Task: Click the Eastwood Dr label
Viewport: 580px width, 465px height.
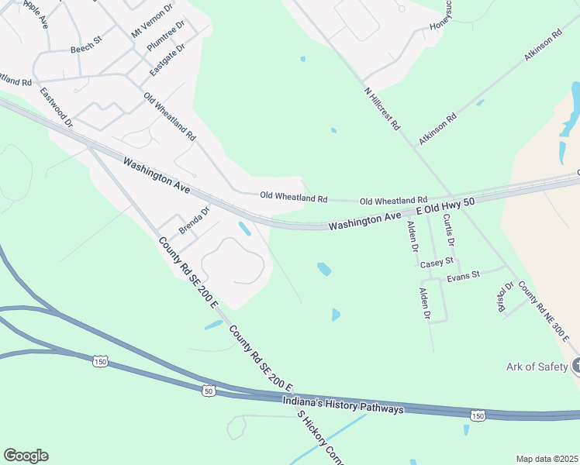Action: point(57,107)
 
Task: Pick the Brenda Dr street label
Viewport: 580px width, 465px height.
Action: point(195,220)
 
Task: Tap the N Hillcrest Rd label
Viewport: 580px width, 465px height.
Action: point(381,108)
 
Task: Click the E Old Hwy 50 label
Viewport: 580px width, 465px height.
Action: point(451,205)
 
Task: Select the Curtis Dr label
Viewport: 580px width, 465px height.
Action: point(448,231)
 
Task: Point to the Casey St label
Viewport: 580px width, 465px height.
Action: point(437,264)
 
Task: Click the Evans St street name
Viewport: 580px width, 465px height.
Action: point(464,274)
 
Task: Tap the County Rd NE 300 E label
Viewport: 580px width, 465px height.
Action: point(544,312)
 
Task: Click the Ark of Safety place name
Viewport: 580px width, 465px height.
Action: point(537,367)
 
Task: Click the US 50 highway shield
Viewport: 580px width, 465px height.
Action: point(209,391)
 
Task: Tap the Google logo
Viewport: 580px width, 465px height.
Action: point(26,456)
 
